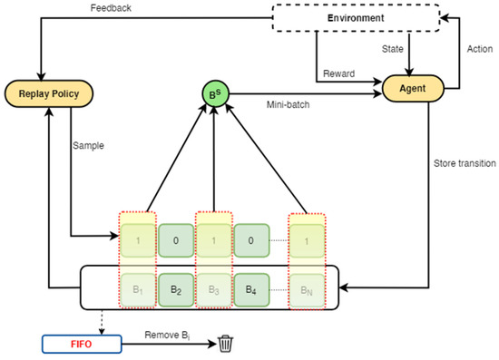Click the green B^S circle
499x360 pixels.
pos(213,92)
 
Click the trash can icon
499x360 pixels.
pos(225,343)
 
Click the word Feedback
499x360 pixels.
pos(112,9)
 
